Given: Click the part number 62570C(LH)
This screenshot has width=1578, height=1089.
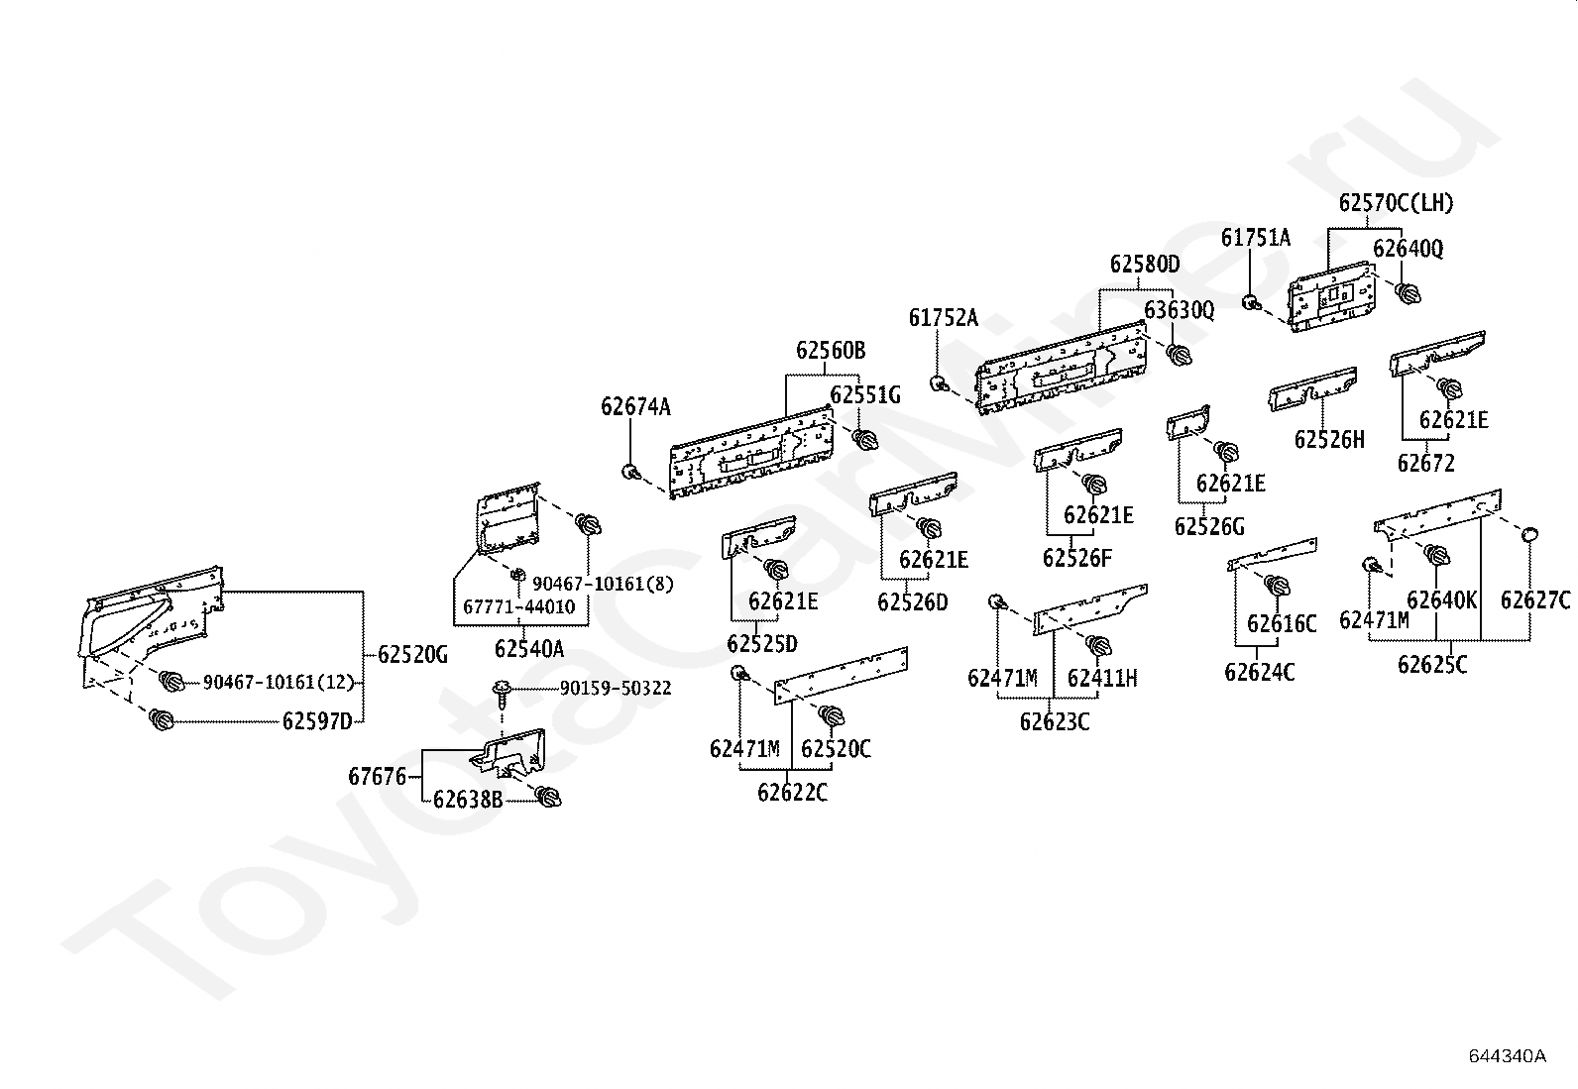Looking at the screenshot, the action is coord(1396,203).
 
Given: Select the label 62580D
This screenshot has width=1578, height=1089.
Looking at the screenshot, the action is coord(1144,265).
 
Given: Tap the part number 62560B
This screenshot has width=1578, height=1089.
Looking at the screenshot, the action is coord(831,350).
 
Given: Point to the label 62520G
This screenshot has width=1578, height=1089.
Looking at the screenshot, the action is coord(412,655).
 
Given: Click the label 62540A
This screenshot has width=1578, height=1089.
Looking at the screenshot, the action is coord(529,649).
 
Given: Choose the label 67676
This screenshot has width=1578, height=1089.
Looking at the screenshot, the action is coord(378,776).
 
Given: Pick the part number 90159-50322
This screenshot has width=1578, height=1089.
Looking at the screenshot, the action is coord(616,689).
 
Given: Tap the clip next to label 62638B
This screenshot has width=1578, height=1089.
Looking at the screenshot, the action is coord(548,797).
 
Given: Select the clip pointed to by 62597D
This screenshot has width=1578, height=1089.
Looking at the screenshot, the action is coord(162,719).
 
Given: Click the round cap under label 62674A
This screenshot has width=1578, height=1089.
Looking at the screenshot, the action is coord(630,472).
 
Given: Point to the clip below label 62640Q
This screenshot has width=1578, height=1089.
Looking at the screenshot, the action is coord(1408,292).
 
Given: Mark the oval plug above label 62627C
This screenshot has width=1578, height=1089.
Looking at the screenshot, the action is coord(1529,535).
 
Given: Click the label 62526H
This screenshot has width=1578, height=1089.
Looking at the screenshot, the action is coord(1329,440).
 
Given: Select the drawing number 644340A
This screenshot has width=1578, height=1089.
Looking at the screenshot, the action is coord(1507,1056).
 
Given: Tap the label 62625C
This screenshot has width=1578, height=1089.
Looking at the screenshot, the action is coord(1432,664).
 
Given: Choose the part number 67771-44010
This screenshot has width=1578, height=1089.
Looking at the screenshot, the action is coord(519,606).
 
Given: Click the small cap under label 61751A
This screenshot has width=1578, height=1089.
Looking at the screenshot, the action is coord(1251,302).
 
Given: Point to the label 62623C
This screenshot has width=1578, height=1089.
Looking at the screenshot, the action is coord(1055,722).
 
